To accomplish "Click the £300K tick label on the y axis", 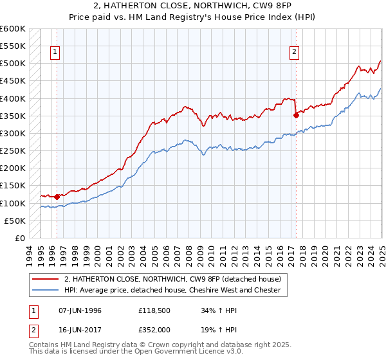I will pyautogui.click(x=13, y=134).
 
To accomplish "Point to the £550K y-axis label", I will pyautogui.click(x=13, y=46).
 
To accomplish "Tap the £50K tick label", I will pyautogui.click(x=15, y=221).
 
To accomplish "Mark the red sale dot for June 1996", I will pyautogui.click(x=57, y=197).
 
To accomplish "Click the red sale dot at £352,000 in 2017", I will pyautogui.click(x=296, y=116).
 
